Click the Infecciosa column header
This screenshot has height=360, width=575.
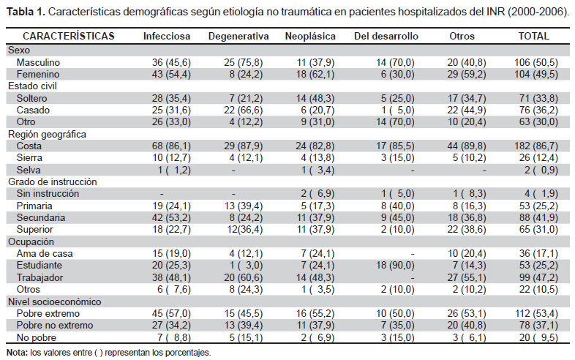167,37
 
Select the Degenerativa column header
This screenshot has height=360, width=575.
238,37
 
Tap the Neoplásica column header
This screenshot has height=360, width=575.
310,37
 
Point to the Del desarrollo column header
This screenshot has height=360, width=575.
386,37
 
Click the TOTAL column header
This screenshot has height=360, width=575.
533,37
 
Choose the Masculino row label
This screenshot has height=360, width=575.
38,62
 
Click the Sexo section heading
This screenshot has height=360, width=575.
19,50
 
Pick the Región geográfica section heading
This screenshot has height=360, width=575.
47,135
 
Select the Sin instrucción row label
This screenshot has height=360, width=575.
48,194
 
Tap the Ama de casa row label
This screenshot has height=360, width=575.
45,254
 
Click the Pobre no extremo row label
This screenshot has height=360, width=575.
55,325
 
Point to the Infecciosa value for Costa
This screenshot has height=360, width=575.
172,146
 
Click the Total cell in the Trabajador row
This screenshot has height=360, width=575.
538,278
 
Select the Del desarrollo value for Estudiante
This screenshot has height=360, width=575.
395,266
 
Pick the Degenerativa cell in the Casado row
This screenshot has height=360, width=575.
244,110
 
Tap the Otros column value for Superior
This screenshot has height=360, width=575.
467,229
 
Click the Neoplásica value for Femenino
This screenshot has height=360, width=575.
315,75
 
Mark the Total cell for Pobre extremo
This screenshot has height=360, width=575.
536,314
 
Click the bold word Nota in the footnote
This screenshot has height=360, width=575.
17,353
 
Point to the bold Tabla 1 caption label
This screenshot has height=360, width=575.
26,12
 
